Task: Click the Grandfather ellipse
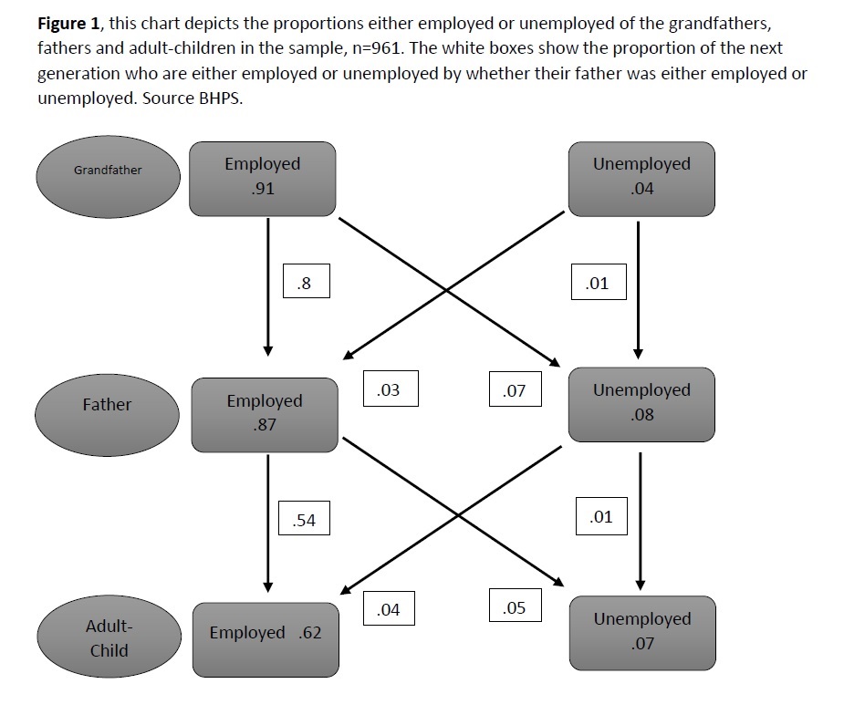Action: click(x=109, y=177)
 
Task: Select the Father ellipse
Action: click(x=107, y=415)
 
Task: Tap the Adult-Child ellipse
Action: click(x=109, y=637)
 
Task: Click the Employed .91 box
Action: click(x=263, y=179)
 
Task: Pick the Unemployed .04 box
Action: click(x=641, y=179)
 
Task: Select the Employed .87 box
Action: click(x=265, y=415)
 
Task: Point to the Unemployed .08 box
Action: click(x=641, y=405)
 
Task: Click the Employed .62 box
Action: click(x=266, y=639)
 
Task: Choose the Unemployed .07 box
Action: click(x=642, y=633)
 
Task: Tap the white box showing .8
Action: click(x=307, y=281)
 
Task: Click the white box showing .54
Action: click(x=304, y=518)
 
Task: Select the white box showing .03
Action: click(x=391, y=389)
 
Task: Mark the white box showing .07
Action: click(x=516, y=389)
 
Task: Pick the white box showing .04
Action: click(x=390, y=608)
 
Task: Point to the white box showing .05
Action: click(x=516, y=606)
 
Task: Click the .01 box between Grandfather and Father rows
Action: click(x=599, y=282)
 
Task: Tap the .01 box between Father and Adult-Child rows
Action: click(x=601, y=516)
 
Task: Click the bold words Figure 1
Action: click(x=68, y=24)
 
